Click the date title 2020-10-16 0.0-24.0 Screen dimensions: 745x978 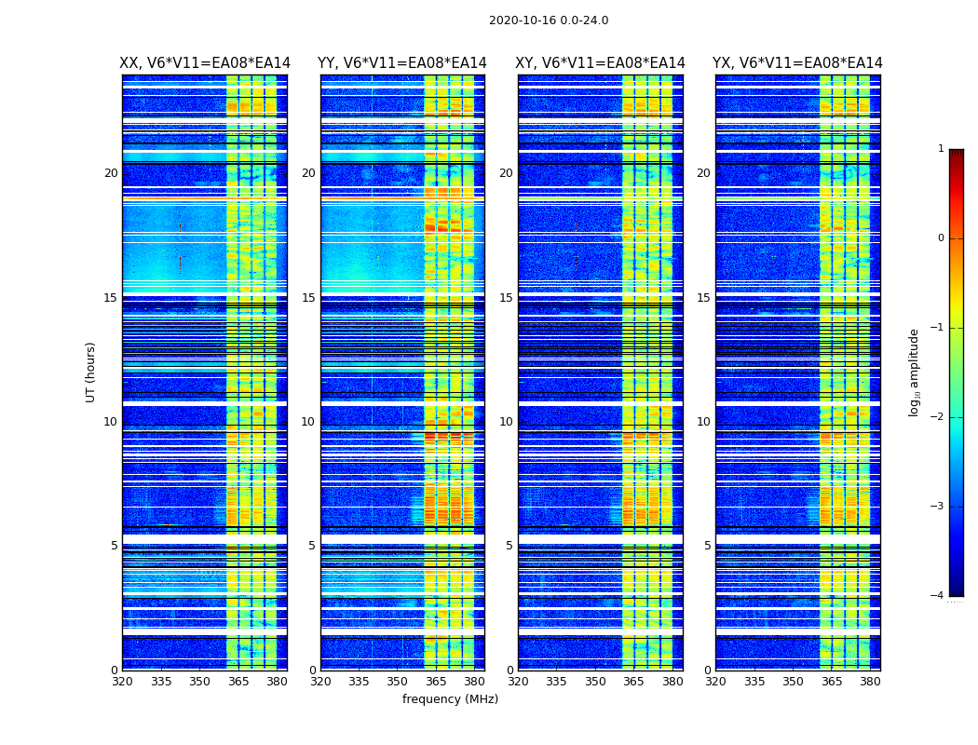(x=549, y=20)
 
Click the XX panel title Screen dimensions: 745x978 (x=205, y=63)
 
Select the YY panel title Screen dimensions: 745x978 (x=402, y=63)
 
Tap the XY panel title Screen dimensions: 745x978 (x=601, y=63)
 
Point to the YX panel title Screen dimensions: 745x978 (x=797, y=63)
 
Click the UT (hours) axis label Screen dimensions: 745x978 (x=91, y=372)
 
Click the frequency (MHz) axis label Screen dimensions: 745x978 (x=450, y=699)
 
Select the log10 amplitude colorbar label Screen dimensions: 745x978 (x=915, y=372)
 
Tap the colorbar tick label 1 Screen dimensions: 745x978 (x=941, y=149)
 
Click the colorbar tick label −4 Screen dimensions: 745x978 (x=938, y=596)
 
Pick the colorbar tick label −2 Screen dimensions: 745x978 (x=938, y=417)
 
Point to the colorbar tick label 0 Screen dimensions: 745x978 (x=941, y=238)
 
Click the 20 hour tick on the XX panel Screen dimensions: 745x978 (x=111, y=173)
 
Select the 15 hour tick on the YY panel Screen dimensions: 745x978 (x=308, y=298)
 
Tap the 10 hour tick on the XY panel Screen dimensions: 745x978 (x=506, y=422)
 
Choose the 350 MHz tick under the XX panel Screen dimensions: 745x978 (x=199, y=682)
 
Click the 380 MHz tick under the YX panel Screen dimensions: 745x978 (x=870, y=682)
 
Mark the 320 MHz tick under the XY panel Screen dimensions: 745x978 (x=518, y=682)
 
